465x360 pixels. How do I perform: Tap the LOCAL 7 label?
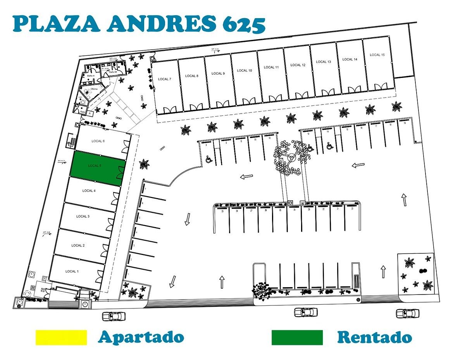click(x=164, y=79)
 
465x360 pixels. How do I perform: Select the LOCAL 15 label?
click(x=377, y=55)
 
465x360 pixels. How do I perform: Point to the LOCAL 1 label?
click(x=71, y=271)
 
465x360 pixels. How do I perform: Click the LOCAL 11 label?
click(x=271, y=67)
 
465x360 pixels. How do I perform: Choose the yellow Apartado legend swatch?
click(x=61, y=337)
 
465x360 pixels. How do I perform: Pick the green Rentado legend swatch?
click(x=297, y=337)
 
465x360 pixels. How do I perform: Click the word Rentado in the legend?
click(x=374, y=337)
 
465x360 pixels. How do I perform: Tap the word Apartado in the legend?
click(x=141, y=337)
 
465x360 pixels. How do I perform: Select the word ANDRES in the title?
click(x=162, y=24)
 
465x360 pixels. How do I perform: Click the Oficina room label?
click(x=94, y=89)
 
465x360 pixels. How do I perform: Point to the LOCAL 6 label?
click(x=98, y=141)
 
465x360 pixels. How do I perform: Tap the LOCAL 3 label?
click(x=83, y=216)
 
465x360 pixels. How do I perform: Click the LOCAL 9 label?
click(x=217, y=73)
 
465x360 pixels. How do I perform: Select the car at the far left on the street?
click(x=114, y=316)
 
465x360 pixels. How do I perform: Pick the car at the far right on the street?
click(x=407, y=313)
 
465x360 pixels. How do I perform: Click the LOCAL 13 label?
click(x=324, y=62)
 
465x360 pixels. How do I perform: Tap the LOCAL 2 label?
click(x=78, y=245)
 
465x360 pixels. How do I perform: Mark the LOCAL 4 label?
click(x=89, y=191)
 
